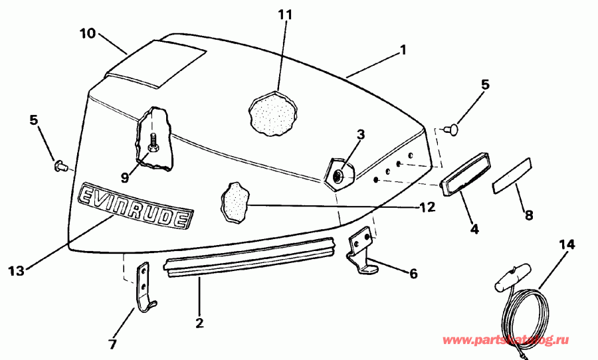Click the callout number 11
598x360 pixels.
(284, 15)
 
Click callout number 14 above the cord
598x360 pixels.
(565, 244)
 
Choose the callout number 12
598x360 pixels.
(427, 207)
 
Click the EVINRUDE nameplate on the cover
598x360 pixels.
(136, 206)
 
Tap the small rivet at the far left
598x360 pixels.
(58, 163)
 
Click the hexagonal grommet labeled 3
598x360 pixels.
(339, 175)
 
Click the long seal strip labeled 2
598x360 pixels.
(249, 258)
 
